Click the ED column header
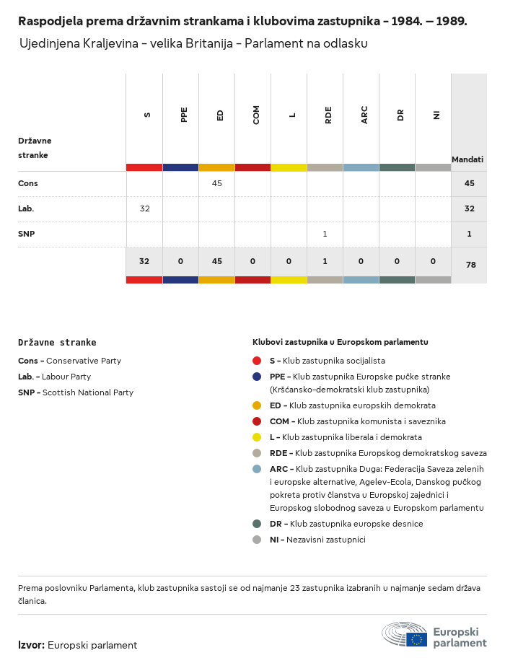coord(220,114)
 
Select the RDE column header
coord(328,114)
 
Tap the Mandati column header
coord(467,159)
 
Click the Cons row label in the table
coord(28,183)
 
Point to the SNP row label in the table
coord(27,234)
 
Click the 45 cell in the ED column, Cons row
coord(217,183)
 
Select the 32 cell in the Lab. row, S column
coord(145,208)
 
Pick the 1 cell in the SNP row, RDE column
coord(325,234)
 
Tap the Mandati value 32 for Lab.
coord(470,208)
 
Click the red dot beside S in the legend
coord(257,361)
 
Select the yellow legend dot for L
coord(257,437)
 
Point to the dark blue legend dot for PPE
coord(257,377)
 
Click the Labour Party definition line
coord(54,377)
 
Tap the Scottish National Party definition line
coord(76,392)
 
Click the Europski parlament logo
coord(434,634)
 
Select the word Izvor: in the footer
coord(32,645)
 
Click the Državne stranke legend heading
coord(57,343)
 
